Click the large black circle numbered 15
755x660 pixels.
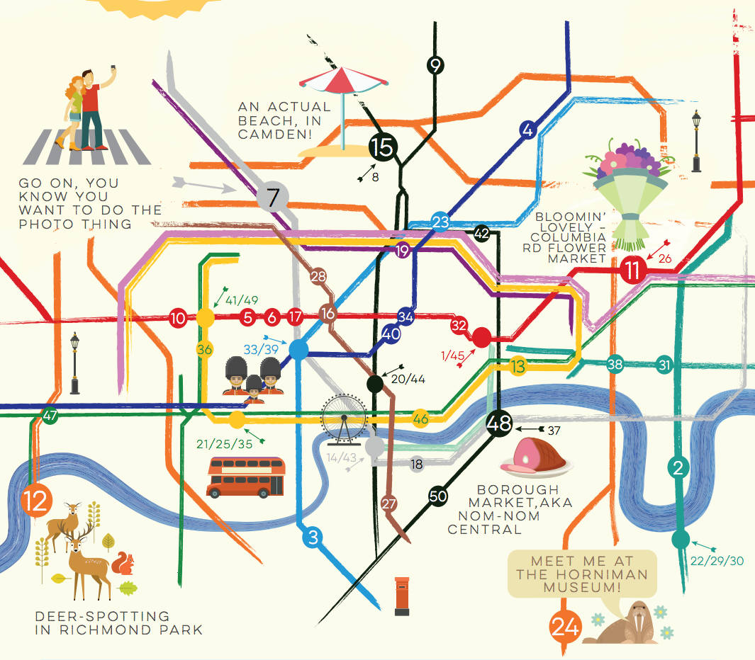(x=382, y=147)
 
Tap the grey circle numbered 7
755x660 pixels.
(x=274, y=196)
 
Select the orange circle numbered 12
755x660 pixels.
(x=36, y=501)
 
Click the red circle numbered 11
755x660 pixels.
(x=632, y=270)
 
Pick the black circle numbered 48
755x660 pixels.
(x=499, y=423)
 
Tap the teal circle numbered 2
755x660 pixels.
(x=679, y=467)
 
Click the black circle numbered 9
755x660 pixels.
(x=435, y=66)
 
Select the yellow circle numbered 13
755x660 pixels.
(x=519, y=366)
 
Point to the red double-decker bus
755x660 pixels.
(x=246, y=477)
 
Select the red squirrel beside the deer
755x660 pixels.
(x=125, y=564)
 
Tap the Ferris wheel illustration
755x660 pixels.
(x=343, y=418)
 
